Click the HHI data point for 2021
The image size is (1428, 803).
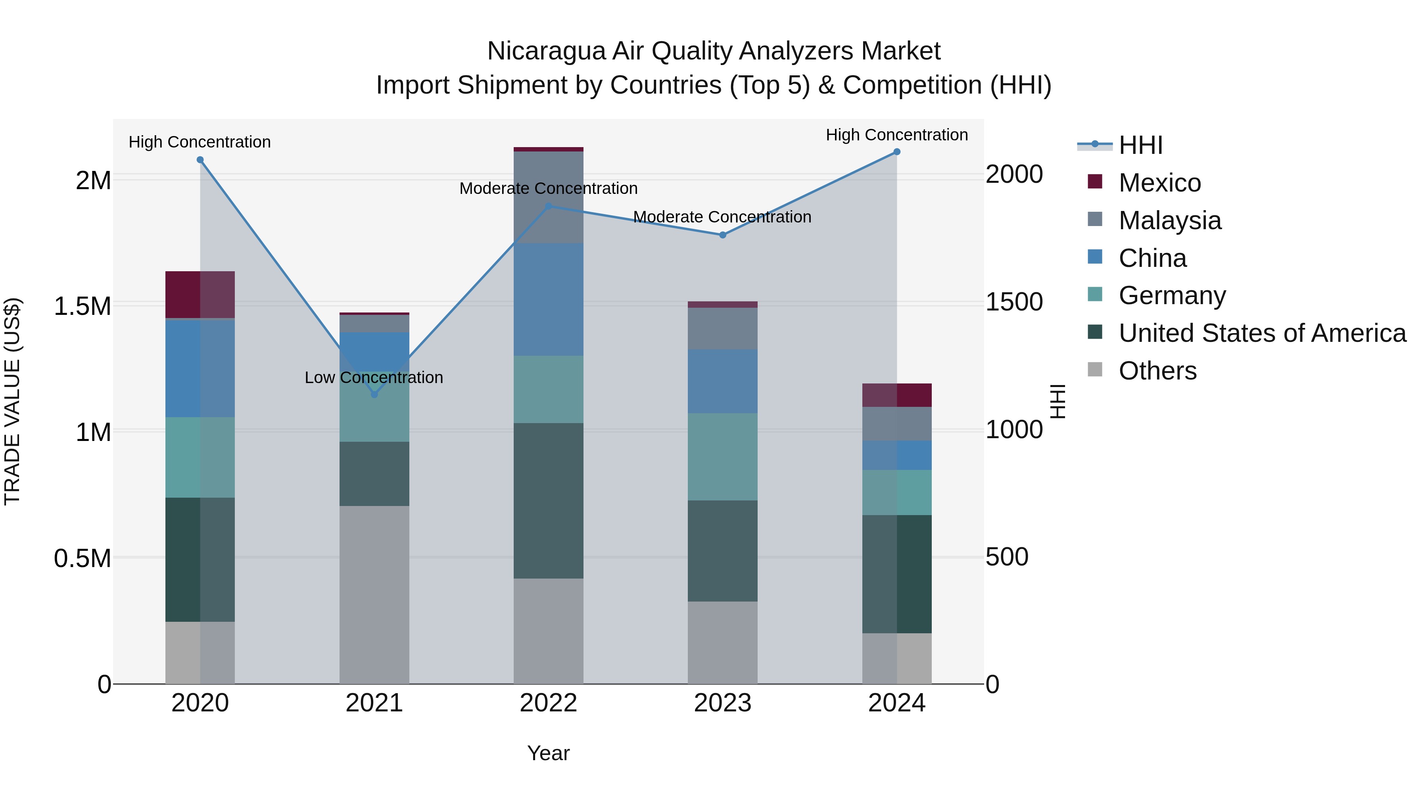(374, 395)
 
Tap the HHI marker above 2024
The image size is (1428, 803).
(897, 152)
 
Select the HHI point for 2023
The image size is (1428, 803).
(722, 235)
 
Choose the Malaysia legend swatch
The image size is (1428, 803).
(1095, 219)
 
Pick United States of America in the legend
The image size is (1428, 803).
(1262, 333)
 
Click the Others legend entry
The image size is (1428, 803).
(1157, 371)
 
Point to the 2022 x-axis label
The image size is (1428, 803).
(548, 703)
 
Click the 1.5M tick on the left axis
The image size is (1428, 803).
(83, 306)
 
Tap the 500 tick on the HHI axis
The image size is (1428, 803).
(1007, 557)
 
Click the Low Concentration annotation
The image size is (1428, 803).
(374, 378)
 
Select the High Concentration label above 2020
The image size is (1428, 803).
(200, 142)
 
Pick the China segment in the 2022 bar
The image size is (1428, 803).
(548, 299)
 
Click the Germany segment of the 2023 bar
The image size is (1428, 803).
(722, 457)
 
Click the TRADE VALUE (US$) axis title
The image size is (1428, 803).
(12, 401)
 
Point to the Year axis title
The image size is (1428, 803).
(548, 753)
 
